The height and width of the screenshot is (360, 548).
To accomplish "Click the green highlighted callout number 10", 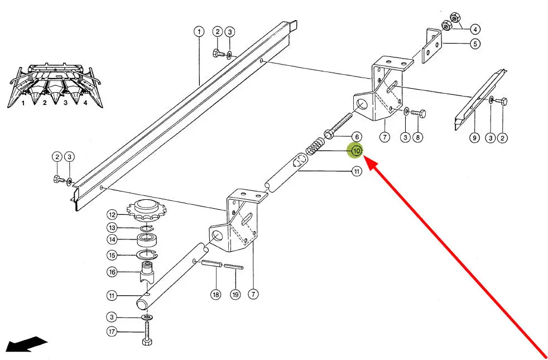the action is tap(356, 151).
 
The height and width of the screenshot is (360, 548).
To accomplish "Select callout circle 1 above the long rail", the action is tap(199, 32).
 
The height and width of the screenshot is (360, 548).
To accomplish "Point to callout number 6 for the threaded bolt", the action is tap(357, 137).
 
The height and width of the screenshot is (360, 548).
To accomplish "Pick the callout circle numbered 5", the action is tap(475, 44).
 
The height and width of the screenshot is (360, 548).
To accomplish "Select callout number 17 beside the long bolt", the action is tap(112, 332).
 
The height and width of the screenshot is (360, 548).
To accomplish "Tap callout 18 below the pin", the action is tap(216, 295).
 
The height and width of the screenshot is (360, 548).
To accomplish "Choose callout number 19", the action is tap(235, 295).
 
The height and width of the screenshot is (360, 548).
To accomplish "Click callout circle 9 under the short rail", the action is tap(474, 138).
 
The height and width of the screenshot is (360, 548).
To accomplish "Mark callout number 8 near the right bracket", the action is tap(417, 137).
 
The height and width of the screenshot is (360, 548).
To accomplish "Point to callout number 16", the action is tap(112, 272).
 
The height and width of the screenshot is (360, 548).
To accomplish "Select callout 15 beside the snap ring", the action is tap(112, 255).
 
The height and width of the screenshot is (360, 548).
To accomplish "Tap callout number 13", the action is tap(112, 228).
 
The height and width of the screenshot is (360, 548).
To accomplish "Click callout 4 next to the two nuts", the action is tap(475, 28).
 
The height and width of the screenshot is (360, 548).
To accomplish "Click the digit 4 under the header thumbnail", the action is tap(85, 103).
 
